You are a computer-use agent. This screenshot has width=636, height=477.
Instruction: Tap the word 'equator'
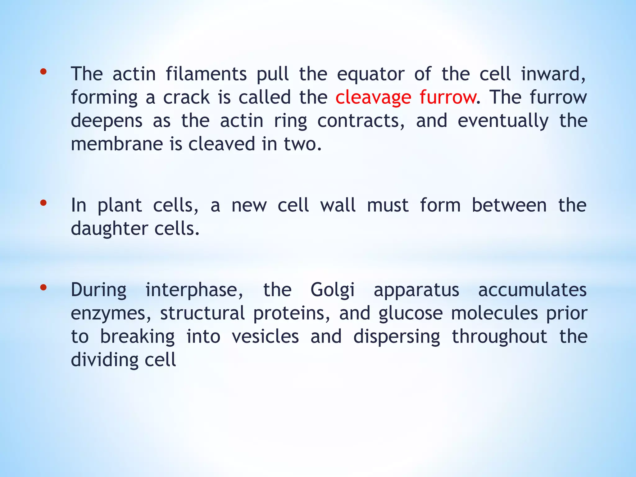(x=371, y=75)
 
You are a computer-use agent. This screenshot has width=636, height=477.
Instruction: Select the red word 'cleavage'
(x=373, y=98)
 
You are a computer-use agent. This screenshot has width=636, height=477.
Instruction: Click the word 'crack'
(x=186, y=97)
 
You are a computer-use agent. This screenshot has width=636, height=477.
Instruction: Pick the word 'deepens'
(x=107, y=121)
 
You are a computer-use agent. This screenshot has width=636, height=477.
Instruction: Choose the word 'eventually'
(x=503, y=121)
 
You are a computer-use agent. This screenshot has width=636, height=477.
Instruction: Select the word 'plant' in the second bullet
(x=120, y=206)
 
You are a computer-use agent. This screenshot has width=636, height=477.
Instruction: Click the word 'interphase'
(x=194, y=290)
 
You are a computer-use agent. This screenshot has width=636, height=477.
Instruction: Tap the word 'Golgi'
(x=332, y=290)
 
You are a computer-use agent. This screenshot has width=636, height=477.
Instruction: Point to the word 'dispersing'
(x=397, y=337)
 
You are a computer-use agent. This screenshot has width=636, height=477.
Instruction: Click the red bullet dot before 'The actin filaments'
(x=43, y=72)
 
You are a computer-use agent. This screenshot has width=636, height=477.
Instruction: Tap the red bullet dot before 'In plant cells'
(x=43, y=203)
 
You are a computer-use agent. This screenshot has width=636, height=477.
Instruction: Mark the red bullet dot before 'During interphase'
(x=43, y=288)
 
